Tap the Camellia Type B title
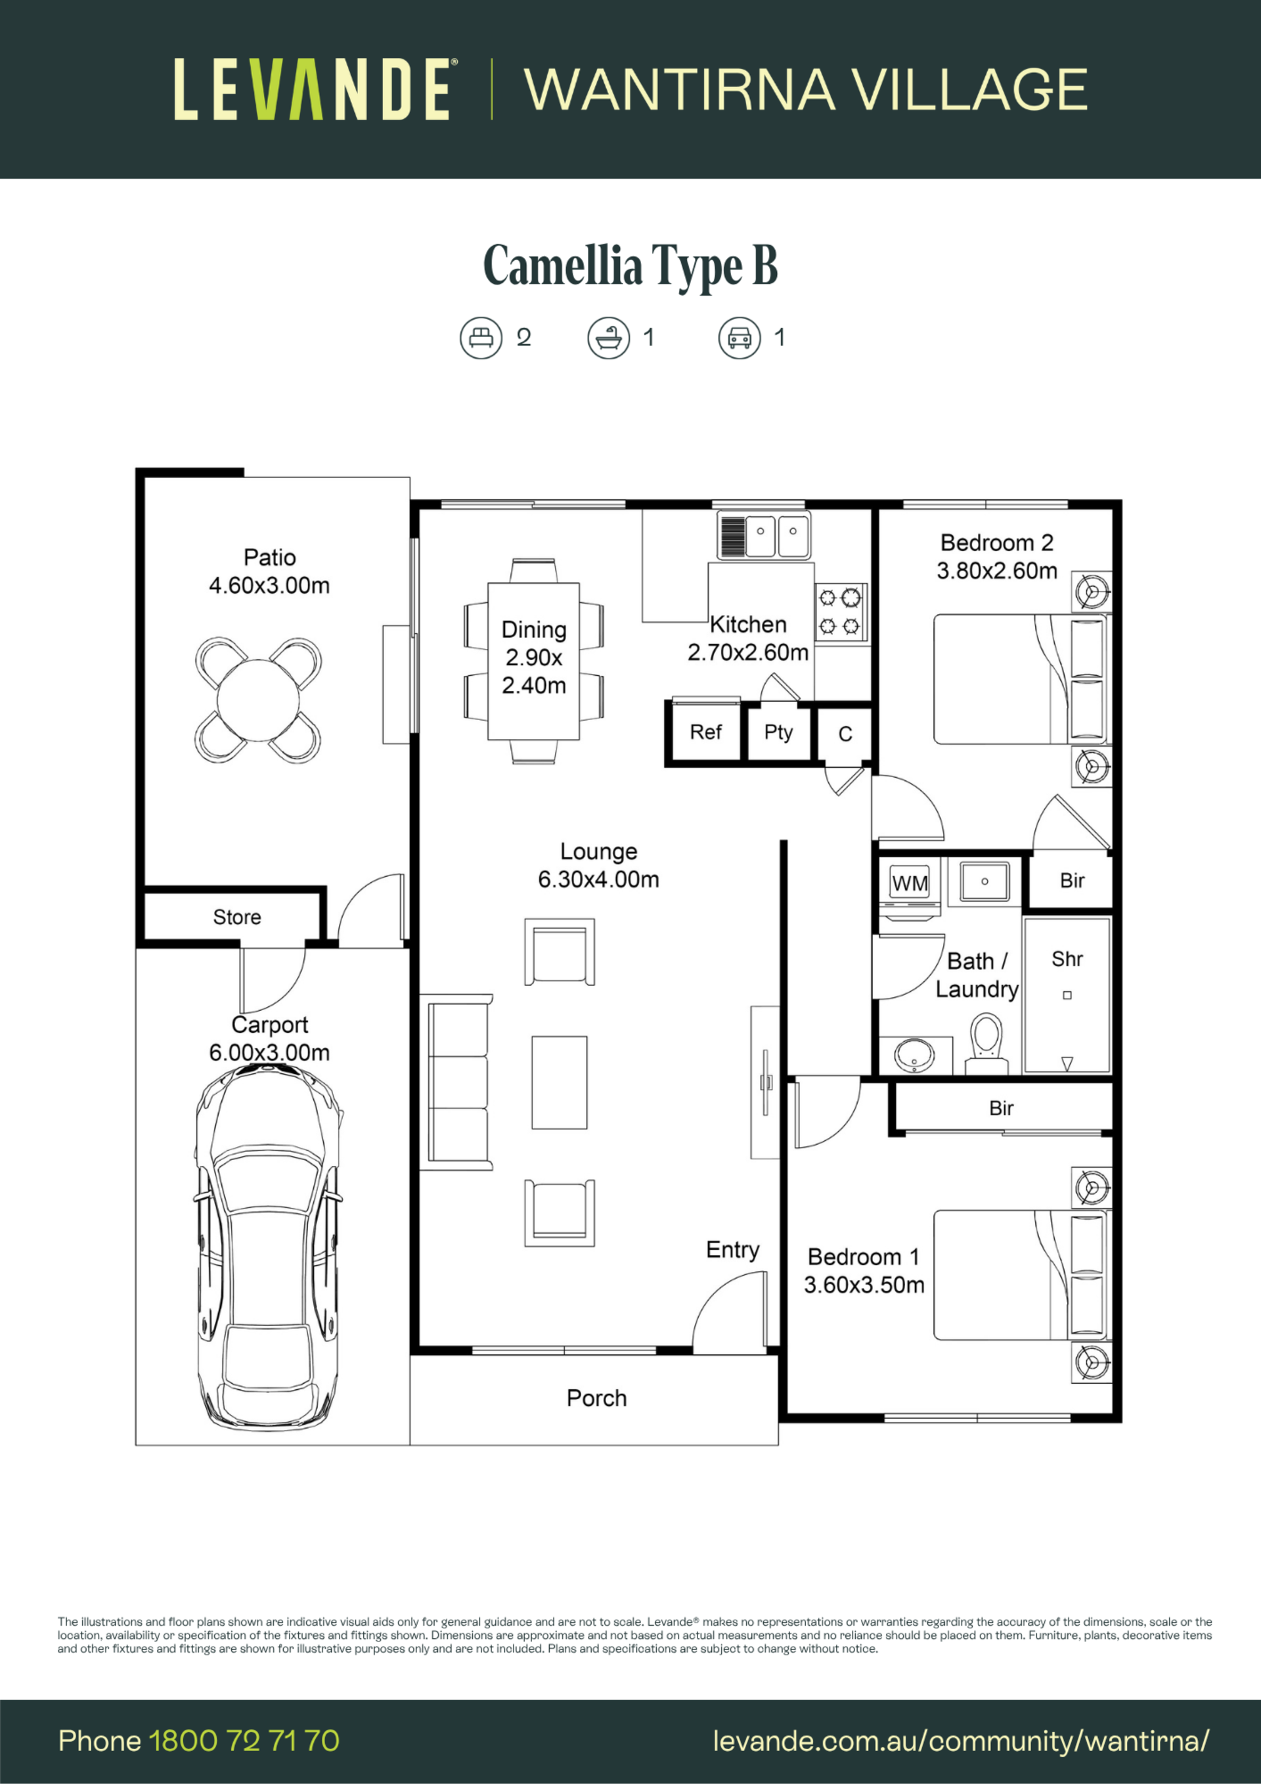630,266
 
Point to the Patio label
269,557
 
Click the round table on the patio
257,700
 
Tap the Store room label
237,917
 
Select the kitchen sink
763,535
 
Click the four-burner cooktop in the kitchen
840,612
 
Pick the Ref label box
705,732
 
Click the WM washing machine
910,883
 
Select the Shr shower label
1067,959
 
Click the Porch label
596,1398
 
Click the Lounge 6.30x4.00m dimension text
598,879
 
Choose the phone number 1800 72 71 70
244,1741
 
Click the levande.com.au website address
961,1741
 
